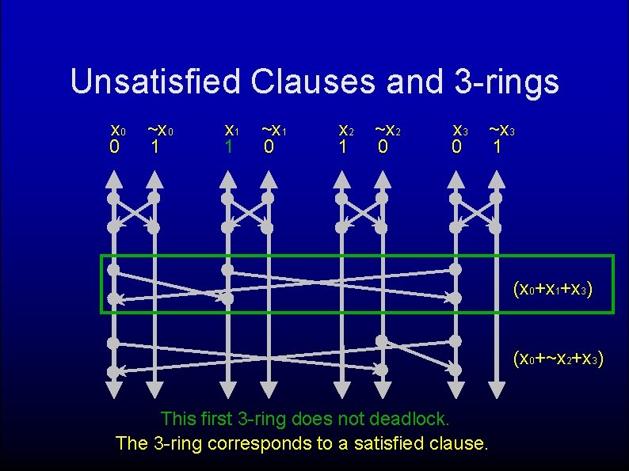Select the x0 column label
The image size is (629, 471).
116,130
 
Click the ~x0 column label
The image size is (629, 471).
159,130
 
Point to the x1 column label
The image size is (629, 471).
231,130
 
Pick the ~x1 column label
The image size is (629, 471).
273,130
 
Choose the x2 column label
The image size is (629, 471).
345,130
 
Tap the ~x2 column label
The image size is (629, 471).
387,130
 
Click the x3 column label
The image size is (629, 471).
459,130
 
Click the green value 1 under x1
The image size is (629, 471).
227,147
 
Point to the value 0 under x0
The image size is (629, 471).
114,147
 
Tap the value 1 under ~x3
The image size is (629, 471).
496,147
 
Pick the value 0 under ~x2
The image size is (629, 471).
383,147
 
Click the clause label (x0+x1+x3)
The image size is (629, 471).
552,290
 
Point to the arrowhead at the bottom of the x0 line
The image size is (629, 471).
113,389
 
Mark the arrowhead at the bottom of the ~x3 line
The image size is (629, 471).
497,389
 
